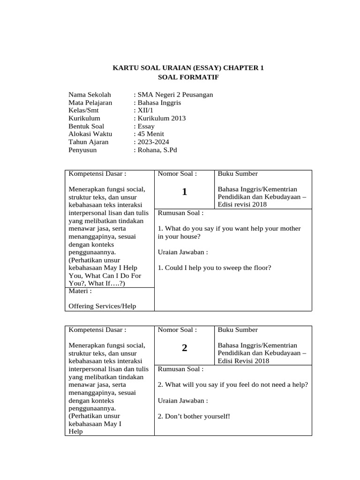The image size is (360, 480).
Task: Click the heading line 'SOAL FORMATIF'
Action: (188, 76)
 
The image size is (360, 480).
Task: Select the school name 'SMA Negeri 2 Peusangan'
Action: (174, 95)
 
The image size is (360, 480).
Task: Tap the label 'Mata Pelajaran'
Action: (90, 103)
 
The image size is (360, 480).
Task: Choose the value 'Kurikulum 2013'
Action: (161, 119)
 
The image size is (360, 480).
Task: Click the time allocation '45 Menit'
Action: (150, 134)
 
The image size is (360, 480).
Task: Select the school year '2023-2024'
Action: (153, 142)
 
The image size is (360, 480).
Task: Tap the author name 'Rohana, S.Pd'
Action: (157, 150)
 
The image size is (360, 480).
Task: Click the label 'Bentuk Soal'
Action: (87, 127)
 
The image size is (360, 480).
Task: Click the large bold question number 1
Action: (185, 192)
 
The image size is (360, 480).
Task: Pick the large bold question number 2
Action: (185, 348)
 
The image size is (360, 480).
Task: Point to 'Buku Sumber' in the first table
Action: (238, 174)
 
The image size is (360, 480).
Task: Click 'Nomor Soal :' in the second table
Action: (177, 330)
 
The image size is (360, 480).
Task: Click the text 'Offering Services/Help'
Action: (102, 306)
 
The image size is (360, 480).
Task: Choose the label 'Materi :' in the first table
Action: (80, 291)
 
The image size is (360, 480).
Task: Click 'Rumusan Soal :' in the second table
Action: (180, 369)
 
